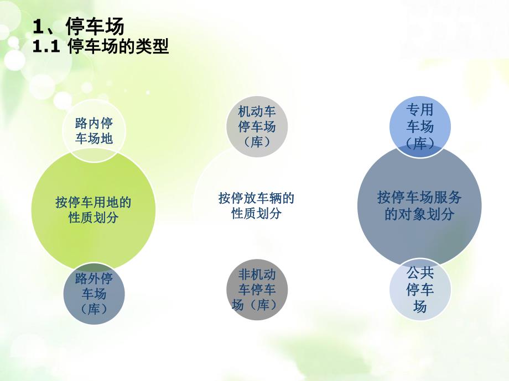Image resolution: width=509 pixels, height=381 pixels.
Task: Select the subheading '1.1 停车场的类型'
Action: click(x=101, y=47)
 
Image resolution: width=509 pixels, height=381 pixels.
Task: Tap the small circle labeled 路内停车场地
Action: click(x=94, y=131)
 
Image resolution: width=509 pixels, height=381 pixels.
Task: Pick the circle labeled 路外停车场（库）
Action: click(x=94, y=294)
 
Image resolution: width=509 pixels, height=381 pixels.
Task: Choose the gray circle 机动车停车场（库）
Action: click(x=257, y=126)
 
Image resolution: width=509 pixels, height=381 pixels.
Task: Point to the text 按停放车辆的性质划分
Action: click(x=256, y=205)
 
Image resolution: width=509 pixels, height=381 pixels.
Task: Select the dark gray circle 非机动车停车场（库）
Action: click(x=257, y=289)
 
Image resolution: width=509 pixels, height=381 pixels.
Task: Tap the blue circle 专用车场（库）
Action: click(x=420, y=126)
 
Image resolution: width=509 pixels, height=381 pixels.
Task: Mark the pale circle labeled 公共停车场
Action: click(x=420, y=289)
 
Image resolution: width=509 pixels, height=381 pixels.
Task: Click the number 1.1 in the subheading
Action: click(x=46, y=47)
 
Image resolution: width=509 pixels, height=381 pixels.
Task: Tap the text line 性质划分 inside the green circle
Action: click(x=94, y=218)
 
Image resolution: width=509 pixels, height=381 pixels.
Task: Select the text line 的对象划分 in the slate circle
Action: click(x=419, y=214)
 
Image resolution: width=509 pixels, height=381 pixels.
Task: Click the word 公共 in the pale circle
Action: click(x=420, y=273)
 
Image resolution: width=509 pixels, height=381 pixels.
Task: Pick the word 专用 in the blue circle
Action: click(x=420, y=109)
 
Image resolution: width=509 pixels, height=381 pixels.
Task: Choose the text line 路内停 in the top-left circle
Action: click(x=94, y=123)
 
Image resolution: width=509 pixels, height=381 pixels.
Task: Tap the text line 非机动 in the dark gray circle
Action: click(x=257, y=274)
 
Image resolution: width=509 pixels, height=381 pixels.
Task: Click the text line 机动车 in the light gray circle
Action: click(x=257, y=112)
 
